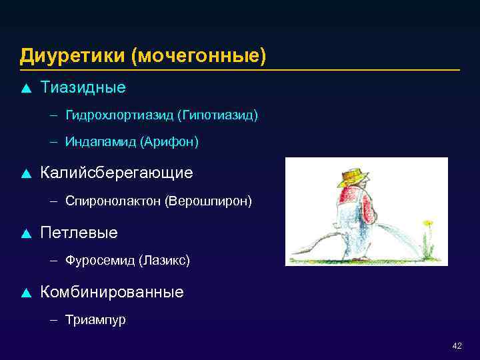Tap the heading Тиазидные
point(83,87)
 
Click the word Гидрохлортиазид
point(119,115)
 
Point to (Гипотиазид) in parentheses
point(217,115)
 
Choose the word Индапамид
point(102,142)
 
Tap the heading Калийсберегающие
point(117,173)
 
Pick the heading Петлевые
point(79,233)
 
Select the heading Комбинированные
point(112,292)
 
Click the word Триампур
point(95,319)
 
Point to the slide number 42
point(457,346)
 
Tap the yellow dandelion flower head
point(428,222)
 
